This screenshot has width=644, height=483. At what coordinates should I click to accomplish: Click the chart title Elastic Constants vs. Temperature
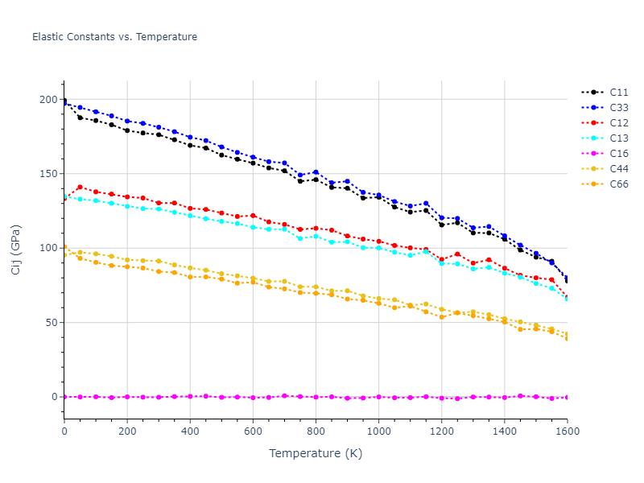coord(114,37)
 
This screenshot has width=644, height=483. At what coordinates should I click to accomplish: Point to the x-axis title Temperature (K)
coord(316,453)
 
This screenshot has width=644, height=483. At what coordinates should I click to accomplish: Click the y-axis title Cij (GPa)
coord(16,249)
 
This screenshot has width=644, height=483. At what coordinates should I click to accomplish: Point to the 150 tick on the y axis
coord(49,174)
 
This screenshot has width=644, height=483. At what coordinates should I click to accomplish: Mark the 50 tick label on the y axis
coord(52,323)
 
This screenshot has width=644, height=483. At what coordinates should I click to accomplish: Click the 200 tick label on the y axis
coord(49,100)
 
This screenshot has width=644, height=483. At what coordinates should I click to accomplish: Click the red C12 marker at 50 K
coord(80,187)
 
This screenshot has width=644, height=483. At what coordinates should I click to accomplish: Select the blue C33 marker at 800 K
coord(316,172)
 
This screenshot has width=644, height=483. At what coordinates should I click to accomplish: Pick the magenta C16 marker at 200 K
coord(127,396)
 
